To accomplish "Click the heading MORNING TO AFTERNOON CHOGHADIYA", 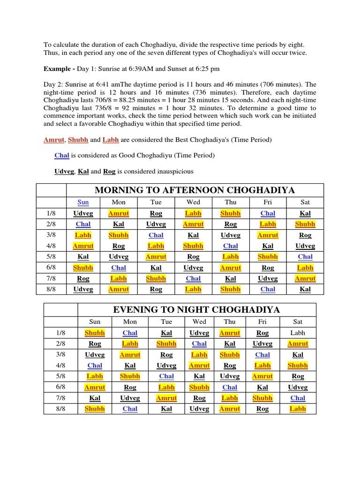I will click(195, 190).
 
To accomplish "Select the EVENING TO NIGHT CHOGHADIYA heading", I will click(196, 309).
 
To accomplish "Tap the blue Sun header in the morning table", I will click(83, 202).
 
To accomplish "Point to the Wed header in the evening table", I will click(199, 322).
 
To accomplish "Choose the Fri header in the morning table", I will click(268, 202).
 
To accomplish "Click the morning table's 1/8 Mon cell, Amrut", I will click(119, 213).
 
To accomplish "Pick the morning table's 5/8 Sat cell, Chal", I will click(305, 257).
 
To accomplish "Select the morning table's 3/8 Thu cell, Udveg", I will click(230, 235).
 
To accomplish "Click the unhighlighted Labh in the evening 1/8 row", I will click(298, 333).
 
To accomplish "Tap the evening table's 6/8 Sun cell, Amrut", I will click(95, 387).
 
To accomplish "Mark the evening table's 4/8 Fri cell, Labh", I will click(262, 366).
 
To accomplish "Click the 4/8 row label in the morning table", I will click(51, 246).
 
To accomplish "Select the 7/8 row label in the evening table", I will click(60, 398).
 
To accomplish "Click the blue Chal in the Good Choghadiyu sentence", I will click(61, 156).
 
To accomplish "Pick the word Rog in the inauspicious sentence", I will click(109, 172).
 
